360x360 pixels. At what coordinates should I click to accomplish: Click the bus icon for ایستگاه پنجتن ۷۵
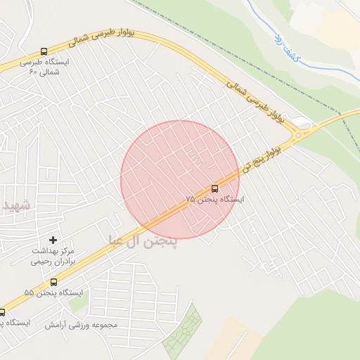tap(214, 188)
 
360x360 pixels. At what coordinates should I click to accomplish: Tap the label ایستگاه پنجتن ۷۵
tap(214, 200)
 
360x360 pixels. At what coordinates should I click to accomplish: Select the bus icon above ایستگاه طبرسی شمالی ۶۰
tap(44, 51)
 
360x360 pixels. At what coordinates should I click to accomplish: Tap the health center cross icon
tap(53, 240)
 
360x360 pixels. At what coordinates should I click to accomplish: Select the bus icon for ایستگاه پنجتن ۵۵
tap(53, 281)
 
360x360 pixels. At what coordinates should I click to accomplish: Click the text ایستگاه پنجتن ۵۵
tap(53, 292)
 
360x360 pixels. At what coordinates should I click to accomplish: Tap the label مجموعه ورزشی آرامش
tap(81, 325)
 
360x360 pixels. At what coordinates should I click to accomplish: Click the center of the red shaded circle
tap(180, 180)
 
